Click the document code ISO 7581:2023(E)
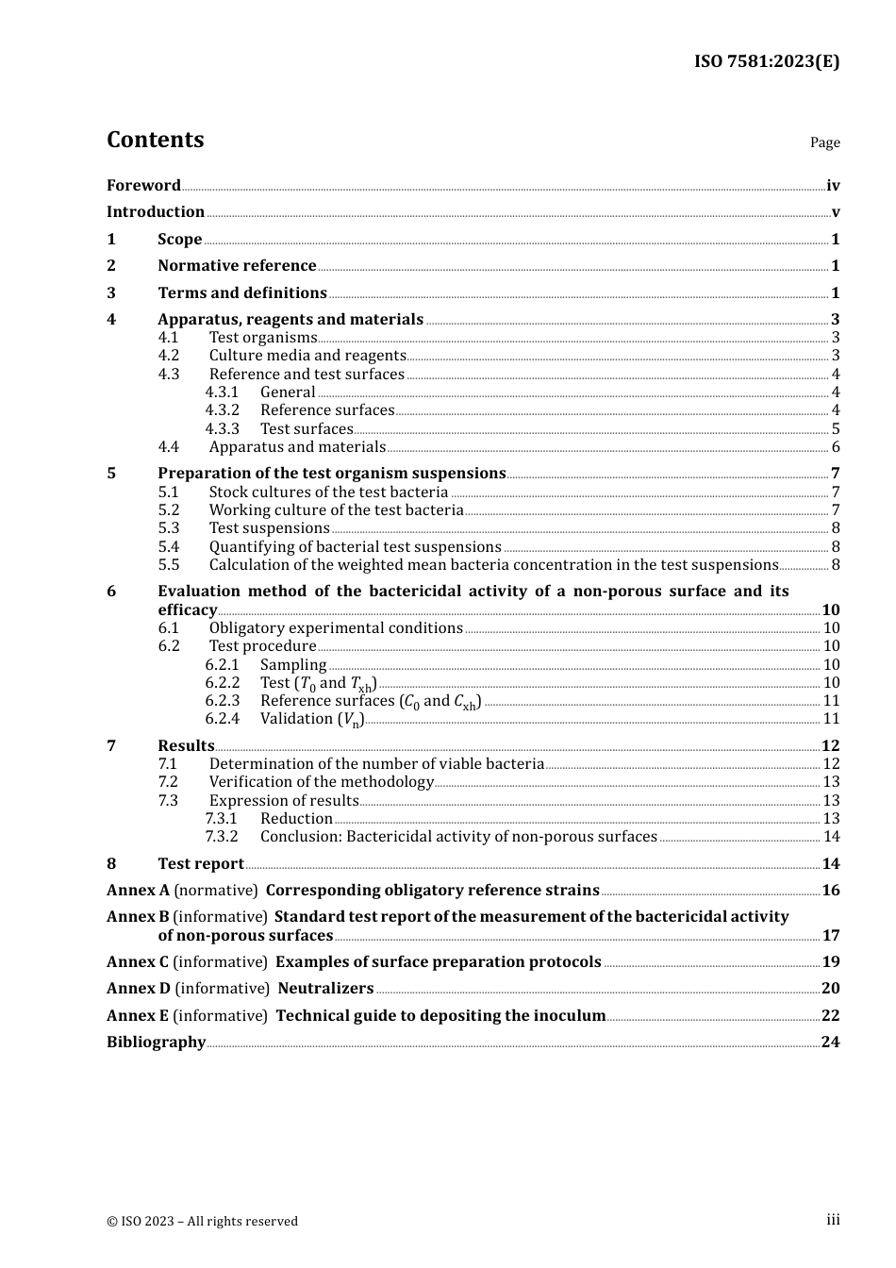click(766, 61)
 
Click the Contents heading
click(155, 140)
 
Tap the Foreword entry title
click(143, 185)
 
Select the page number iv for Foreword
click(833, 186)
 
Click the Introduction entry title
click(156, 212)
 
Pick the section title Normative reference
click(237, 266)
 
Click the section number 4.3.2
click(222, 410)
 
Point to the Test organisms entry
click(263, 338)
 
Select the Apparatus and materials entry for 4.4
click(297, 447)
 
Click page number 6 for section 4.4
click(836, 447)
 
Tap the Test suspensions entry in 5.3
click(269, 528)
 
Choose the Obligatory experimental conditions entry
click(336, 628)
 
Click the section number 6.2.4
click(222, 719)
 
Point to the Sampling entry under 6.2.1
click(293, 665)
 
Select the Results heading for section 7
click(186, 746)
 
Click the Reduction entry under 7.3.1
click(296, 819)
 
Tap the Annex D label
click(139, 989)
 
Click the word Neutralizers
click(325, 989)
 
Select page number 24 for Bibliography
click(830, 1043)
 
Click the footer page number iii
click(833, 1220)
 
